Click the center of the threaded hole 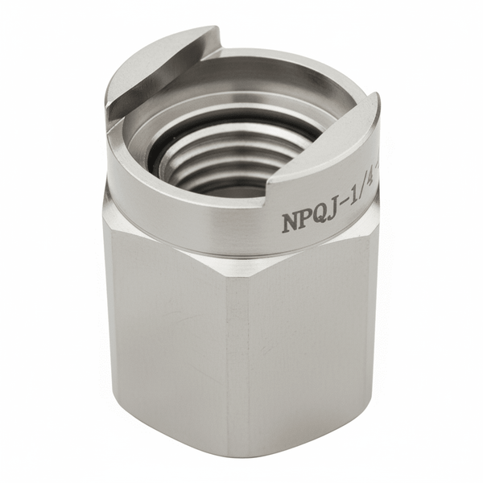[233, 153]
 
